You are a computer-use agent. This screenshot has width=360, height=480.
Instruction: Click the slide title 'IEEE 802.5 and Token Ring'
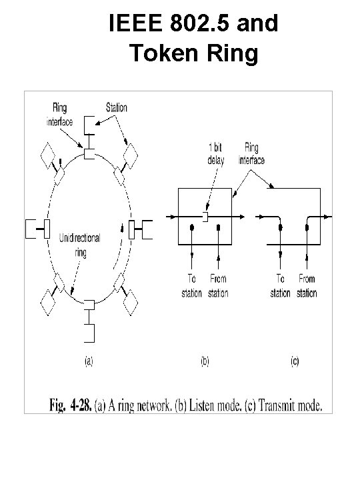point(193,39)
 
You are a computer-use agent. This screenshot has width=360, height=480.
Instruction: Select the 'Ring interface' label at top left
point(59,114)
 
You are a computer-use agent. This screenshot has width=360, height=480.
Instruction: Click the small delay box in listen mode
point(206,217)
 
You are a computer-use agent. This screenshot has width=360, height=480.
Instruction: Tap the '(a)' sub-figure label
point(87,362)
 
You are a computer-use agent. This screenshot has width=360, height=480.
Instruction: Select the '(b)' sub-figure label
point(205,362)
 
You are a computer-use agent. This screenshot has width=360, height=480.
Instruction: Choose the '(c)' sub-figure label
point(293,362)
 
